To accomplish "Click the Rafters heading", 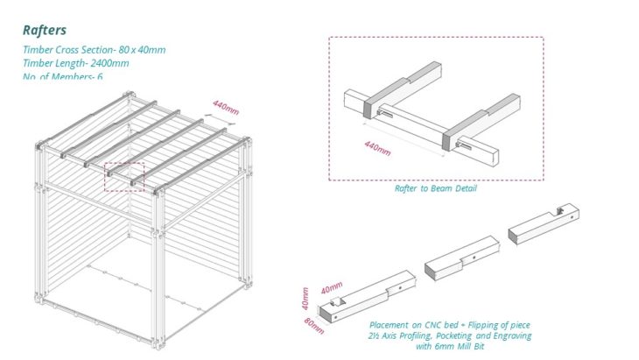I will click(x=45, y=31).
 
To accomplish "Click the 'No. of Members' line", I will click(x=69, y=76).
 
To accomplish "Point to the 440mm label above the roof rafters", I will click(x=225, y=107).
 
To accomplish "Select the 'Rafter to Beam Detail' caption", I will click(x=435, y=188).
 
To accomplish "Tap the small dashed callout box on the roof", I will click(x=124, y=176).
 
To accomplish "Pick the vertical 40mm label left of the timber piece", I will click(x=305, y=299).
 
